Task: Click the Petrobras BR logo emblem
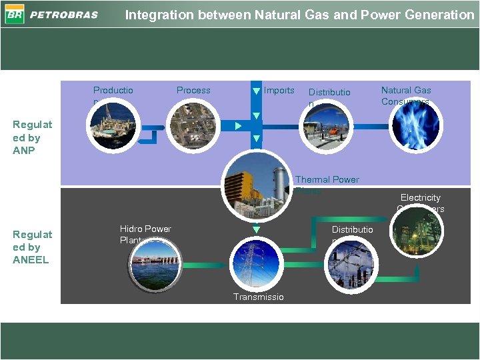(14, 14)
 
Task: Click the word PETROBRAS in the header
(64, 15)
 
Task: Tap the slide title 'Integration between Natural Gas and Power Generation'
(299, 14)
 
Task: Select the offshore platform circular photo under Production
(113, 126)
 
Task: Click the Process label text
(193, 90)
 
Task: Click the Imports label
(279, 90)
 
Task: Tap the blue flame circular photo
(415, 125)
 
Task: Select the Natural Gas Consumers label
(406, 95)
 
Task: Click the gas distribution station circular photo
(323, 127)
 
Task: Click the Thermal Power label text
(327, 179)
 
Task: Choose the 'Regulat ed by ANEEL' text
(33, 247)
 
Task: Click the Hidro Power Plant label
(145, 234)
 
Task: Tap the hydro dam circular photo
(155, 263)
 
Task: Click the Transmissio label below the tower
(258, 297)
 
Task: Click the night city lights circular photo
(416, 230)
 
